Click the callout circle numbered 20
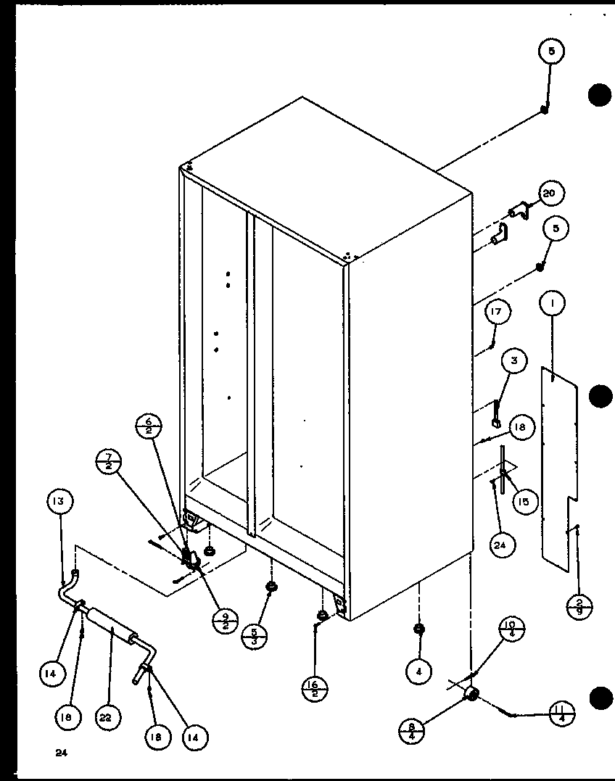tap(550, 194)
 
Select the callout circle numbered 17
tap(497, 313)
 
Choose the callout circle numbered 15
tap(523, 500)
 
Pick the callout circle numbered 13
tap(61, 501)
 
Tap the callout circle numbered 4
tap(418, 672)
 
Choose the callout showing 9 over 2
tap(226, 620)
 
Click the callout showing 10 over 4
tap(512, 629)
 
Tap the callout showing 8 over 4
tap(411, 727)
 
